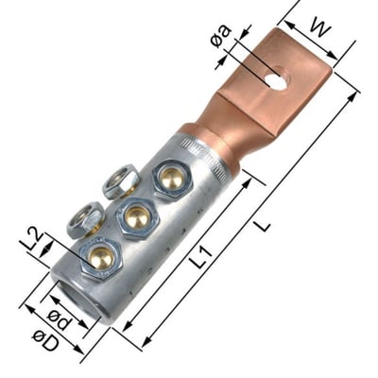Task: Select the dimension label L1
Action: click(x=201, y=257)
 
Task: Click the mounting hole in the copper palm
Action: click(x=275, y=77)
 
